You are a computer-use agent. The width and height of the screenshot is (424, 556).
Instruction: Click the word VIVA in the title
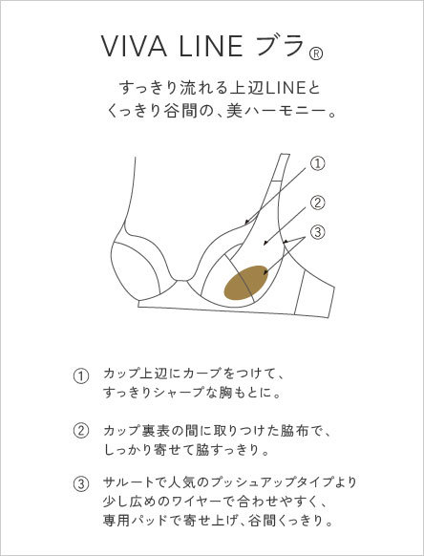point(134,46)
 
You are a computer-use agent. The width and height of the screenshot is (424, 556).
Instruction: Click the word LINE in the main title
point(211,46)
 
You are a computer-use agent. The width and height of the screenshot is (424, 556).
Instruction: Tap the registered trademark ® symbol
point(316,54)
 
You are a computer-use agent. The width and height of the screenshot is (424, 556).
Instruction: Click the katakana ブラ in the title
point(280,46)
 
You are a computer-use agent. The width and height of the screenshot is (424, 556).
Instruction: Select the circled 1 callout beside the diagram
point(317,163)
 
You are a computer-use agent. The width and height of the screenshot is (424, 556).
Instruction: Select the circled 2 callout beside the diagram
point(317,203)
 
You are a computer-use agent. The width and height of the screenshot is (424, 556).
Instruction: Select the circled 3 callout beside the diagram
point(317,232)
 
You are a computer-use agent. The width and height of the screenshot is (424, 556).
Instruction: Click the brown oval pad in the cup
point(245,282)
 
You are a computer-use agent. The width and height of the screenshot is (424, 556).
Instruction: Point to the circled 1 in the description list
point(81,376)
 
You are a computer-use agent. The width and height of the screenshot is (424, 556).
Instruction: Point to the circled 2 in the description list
point(81,431)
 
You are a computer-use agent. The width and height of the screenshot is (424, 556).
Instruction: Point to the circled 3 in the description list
point(81,484)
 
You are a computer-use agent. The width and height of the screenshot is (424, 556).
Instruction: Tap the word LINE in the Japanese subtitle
point(286,88)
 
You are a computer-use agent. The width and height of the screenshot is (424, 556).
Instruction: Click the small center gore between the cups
point(181,283)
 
